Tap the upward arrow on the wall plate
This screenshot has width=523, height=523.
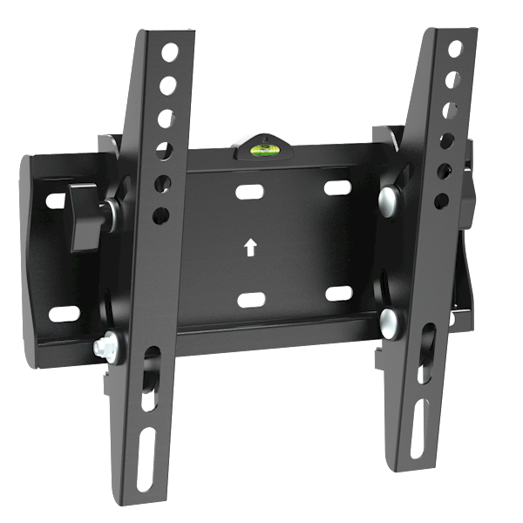(x=251, y=248)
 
